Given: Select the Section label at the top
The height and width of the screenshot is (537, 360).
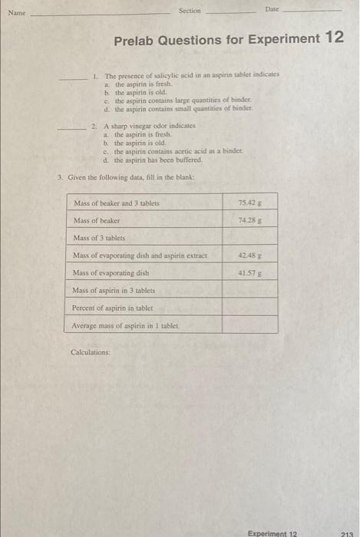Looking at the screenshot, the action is (189, 11).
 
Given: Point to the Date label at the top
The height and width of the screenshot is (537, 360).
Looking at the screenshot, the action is (272, 8).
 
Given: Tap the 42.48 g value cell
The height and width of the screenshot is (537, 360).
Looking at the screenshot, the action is (250, 255).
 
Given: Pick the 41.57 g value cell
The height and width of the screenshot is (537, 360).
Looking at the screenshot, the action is (250, 272).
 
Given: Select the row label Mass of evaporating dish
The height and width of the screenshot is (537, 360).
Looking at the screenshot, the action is (111, 272).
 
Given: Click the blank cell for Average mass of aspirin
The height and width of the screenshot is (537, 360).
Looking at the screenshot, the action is (250, 325).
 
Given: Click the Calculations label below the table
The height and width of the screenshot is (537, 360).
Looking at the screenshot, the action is (90, 352).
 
